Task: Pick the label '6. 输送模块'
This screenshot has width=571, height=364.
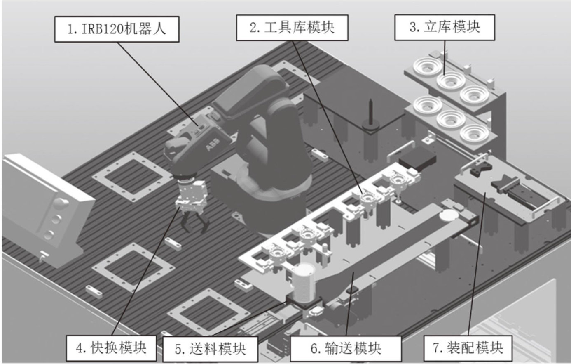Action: pyautogui.click(x=345, y=349)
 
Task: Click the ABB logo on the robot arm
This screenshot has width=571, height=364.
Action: pyautogui.click(x=212, y=147)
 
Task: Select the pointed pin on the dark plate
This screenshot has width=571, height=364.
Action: pyautogui.click(x=370, y=111)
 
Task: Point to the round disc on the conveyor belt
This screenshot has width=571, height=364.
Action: pyautogui.click(x=449, y=215)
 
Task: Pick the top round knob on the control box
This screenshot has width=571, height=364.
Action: pyautogui.click(x=62, y=203)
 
